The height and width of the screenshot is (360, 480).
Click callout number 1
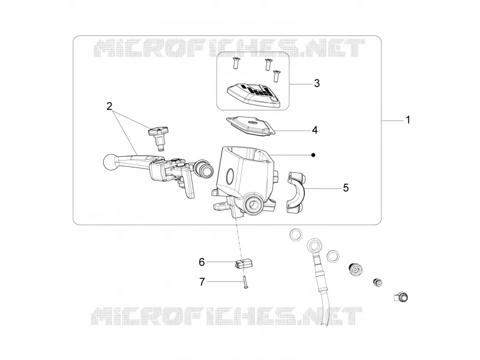(x=407, y=119)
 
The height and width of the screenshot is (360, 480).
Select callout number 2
(x=109, y=106)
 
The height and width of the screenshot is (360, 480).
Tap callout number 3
(x=317, y=83)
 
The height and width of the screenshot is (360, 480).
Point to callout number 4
(x=314, y=130)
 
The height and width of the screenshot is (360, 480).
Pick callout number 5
(x=346, y=188)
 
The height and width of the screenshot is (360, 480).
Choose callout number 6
(x=202, y=262)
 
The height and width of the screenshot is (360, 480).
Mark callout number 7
(x=202, y=281)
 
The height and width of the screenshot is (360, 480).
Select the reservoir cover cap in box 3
(x=253, y=95)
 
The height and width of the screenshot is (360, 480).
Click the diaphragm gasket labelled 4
(x=251, y=127)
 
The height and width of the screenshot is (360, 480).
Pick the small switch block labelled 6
(x=244, y=263)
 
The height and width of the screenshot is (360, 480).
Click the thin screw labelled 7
(x=245, y=282)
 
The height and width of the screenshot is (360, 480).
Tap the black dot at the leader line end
(x=313, y=155)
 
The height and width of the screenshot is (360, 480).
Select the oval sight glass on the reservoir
(x=229, y=176)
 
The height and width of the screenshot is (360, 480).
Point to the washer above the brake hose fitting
(x=296, y=235)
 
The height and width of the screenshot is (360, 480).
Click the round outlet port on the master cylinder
(x=253, y=204)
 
